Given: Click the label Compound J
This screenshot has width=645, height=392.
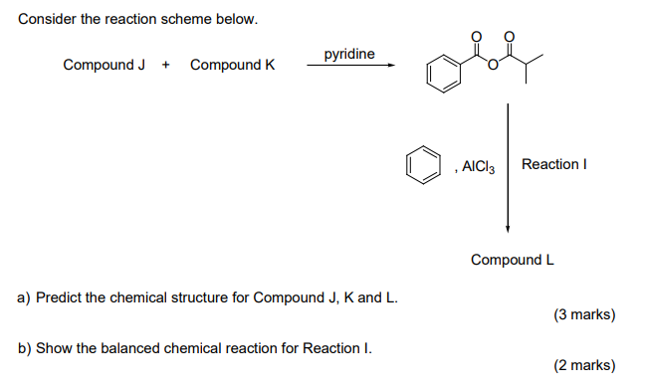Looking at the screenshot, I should click(104, 66).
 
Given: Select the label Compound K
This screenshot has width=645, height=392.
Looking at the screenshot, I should click(232, 66).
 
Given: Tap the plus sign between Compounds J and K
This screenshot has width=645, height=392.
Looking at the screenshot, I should click(166, 66).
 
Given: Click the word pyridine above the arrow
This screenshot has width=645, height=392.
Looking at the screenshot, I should click(348, 53).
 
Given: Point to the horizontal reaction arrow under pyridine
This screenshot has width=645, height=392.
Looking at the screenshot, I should click(350, 67).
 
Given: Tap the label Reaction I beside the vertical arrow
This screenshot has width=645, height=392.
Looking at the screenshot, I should click(553, 163).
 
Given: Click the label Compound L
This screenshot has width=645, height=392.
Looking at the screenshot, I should click(513, 260).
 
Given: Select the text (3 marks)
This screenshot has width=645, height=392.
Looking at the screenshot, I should click(584, 315).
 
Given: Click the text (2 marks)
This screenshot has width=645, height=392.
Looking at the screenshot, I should click(584, 365).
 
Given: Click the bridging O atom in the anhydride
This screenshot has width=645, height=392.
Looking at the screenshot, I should click(493, 69).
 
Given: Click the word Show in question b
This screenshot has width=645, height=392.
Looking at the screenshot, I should click(53, 348).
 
